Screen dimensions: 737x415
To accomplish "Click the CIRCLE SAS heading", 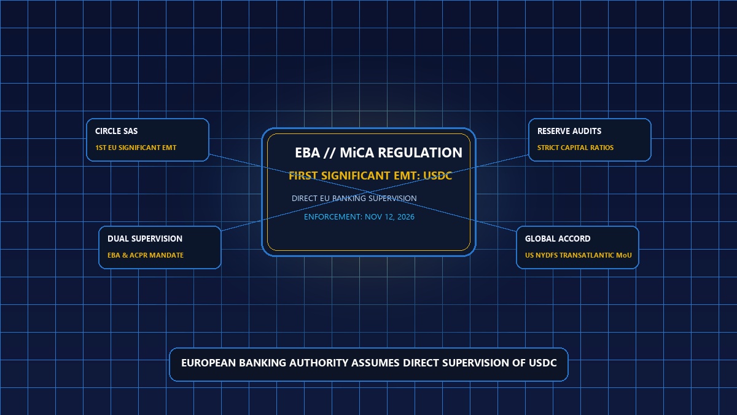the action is (x=117, y=131).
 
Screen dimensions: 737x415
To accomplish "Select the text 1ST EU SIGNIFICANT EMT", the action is (x=136, y=148).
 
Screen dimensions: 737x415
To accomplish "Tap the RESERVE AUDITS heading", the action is (x=569, y=131).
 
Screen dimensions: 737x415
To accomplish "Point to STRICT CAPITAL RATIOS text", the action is (x=575, y=148).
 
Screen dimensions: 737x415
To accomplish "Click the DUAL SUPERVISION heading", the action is (x=145, y=239).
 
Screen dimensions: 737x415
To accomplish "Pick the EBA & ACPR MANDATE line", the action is (x=146, y=255).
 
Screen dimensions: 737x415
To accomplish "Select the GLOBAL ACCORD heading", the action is (x=558, y=239).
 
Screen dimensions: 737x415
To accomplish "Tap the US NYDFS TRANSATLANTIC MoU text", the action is (x=579, y=255).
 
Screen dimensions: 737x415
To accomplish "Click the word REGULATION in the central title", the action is (x=420, y=153).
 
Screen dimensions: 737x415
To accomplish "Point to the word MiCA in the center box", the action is (x=357, y=153).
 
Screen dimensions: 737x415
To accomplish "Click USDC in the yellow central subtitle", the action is (x=437, y=176).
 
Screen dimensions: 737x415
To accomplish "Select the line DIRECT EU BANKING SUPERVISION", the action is (x=354, y=198).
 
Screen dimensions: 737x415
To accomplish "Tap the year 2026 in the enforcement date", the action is (x=406, y=216).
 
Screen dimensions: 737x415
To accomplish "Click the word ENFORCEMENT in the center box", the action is (x=333, y=216).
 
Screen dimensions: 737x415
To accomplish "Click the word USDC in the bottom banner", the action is (x=542, y=363).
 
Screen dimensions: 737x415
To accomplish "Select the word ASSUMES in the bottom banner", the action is (x=375, y=363).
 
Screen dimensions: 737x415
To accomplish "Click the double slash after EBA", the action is (x=330, y=153).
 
